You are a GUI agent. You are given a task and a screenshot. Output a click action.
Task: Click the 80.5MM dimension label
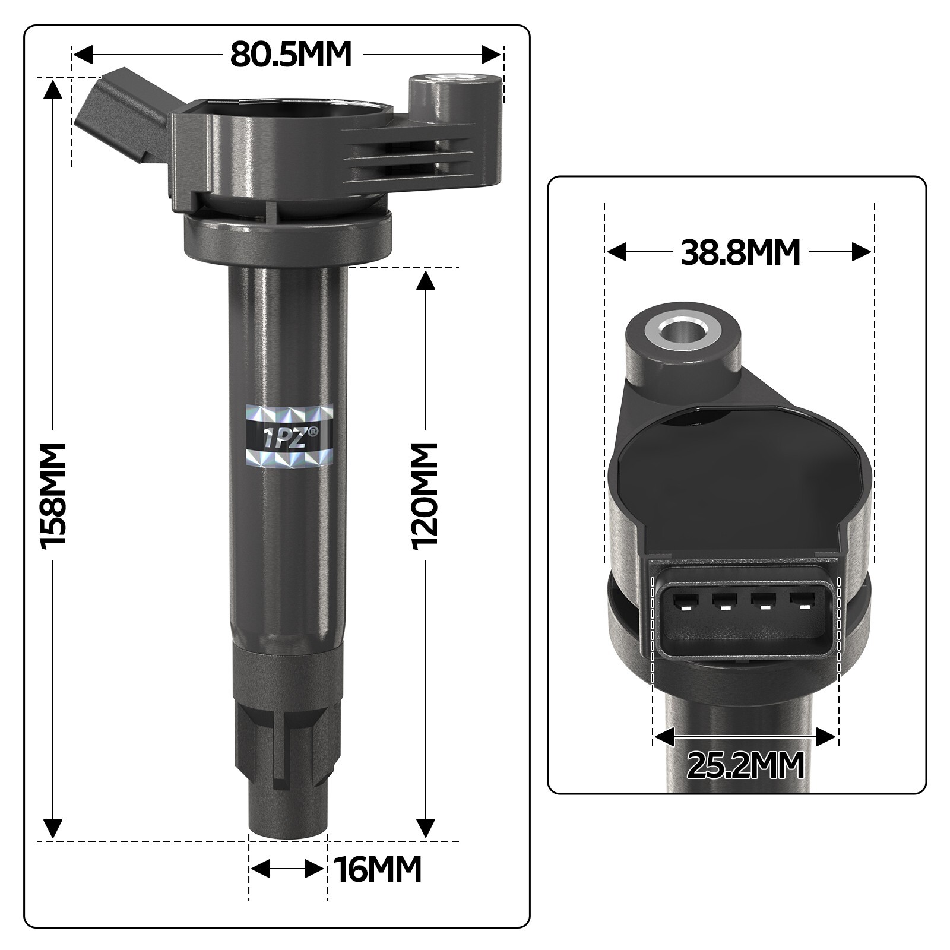tap(291, 55)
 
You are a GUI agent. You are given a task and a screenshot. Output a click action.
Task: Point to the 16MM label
tap(378, 870)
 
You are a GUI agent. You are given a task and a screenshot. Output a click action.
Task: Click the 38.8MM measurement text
tap(740, 252)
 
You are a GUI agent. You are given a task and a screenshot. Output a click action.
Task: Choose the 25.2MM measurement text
tap(746, 765)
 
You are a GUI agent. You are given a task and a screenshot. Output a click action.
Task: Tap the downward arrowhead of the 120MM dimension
tap(426, 827)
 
